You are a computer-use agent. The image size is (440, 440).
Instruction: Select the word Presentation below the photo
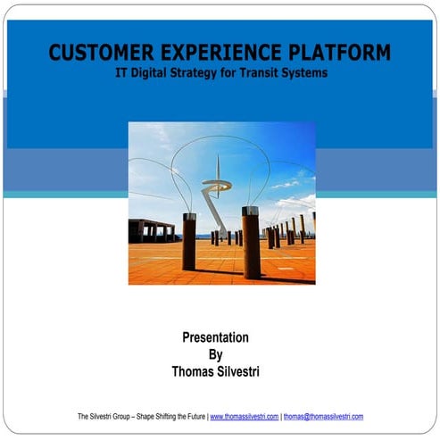[215, 337]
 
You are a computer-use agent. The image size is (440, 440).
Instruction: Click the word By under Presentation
[215, 354]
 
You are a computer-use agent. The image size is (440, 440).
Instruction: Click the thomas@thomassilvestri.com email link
[323, 417]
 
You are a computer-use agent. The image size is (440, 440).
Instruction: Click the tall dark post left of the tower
[189, 240]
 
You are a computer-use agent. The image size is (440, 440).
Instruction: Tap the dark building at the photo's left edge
[148, 230]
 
